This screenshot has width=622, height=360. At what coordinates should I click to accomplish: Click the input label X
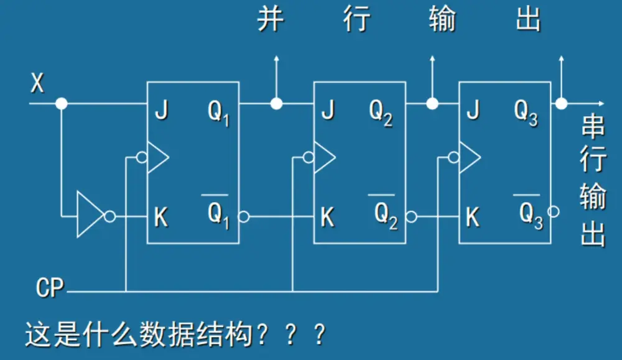click(x=38, y=83)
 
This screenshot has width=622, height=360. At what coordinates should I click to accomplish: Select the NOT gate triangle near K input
click(x=90, y=215)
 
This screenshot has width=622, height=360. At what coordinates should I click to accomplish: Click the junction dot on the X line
click(x=61, y=103)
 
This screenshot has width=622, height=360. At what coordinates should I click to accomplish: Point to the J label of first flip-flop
click(x=161, y=111)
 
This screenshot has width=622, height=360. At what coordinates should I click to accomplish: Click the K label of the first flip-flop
click(x=161, y=218)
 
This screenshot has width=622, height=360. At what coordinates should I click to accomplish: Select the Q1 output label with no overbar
click(x=218, y=113)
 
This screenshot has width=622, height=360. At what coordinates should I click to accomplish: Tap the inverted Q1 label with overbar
click(x=218, y=213)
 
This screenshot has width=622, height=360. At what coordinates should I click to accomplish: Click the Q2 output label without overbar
click(x=381, y=113)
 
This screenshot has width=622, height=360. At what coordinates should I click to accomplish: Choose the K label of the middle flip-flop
click(x=327, y=218)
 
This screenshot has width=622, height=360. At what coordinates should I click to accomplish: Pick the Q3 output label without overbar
click(x=526, y=113)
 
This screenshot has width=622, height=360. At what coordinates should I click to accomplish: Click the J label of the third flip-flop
click(x=473, y=111)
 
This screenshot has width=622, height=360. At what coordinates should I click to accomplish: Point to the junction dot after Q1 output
click(x=276, y=103)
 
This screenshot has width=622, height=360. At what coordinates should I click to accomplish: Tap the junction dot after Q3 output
click(x=562, y=103)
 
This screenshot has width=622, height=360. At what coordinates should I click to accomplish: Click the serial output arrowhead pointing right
click(x=600, y=103)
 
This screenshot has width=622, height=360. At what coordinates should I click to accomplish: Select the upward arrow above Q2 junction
click(x=432, y=60)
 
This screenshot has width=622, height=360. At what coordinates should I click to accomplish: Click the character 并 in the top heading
click(x=271, y=20)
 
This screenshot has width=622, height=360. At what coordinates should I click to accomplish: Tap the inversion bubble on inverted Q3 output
click(x=554, y=211)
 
